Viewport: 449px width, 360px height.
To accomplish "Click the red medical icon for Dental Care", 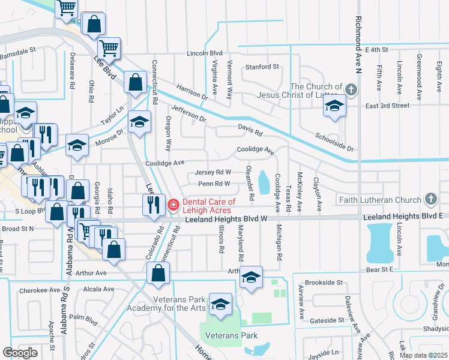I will tap(173, 205).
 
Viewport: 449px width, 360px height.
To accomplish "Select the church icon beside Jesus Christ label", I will tap(351, 91).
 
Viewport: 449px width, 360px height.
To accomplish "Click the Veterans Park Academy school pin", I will tap(220, 304).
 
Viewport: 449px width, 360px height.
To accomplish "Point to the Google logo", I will tap(20, 352).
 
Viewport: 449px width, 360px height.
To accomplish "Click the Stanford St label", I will tap(261, 67).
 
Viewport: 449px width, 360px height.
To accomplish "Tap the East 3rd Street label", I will tap(387, 106).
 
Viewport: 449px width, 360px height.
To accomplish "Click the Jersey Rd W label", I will tap(213, 173).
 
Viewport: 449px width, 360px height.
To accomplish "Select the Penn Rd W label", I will tap(214, 184).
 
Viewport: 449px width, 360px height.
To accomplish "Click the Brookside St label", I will tap(324, 282).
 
